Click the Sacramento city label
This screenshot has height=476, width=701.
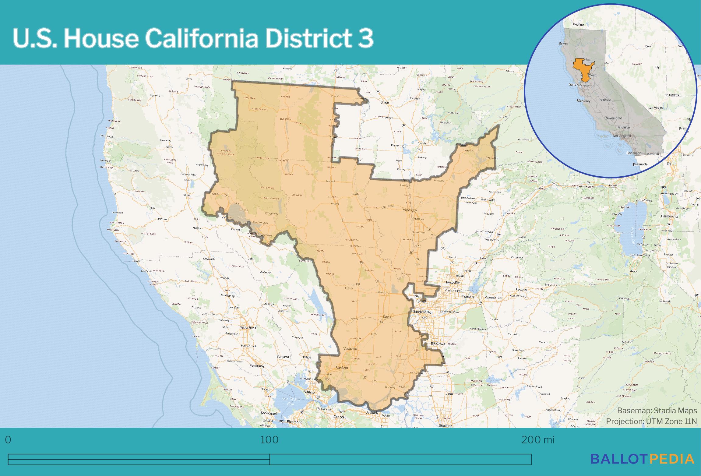click(x=422, y=312)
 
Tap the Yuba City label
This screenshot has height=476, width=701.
click(x=409, y=210)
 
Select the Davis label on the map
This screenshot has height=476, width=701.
click(x=387, y=317)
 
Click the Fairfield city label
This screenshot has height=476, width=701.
click(x=341, y=368)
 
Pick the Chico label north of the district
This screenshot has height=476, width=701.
click(x=385, y=103)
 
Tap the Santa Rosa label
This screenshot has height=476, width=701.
click(x=248, y=328)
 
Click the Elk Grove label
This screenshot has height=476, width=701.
click(x=438, y=344)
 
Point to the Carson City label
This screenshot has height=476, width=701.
click(x=669, y=216)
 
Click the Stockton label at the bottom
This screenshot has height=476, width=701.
click(x=446, y=426)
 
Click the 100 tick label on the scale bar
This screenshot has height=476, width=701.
click(x=269, y=440)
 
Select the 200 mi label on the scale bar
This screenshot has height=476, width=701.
click(x=538, y=440)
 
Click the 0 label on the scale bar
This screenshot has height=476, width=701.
click(x=8, y=440)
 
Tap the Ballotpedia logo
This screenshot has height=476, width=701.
click(x=642, y=459)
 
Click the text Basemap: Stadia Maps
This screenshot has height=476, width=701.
click(x=657, y=411)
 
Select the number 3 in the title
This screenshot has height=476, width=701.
click(x=365, y=39)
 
